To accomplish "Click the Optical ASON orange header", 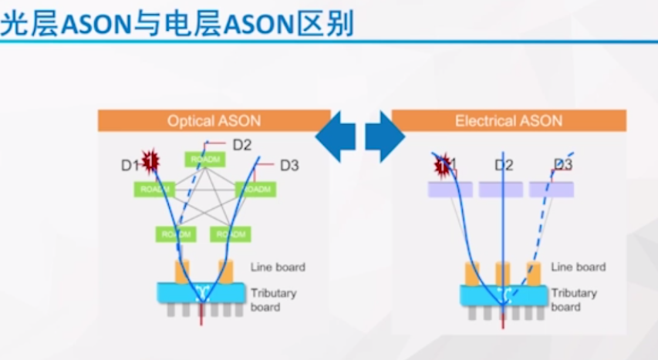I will point(214,121).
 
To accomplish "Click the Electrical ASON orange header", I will point(508,121).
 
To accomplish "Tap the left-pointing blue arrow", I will point(336,136).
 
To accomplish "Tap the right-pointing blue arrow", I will point(384,136).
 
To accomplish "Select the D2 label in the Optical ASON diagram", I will point(242,144).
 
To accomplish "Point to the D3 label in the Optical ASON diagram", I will point(289,165).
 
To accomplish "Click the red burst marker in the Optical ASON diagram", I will point(150,160).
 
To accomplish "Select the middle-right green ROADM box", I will point(255,189).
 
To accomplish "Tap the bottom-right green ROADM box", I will point(230,234).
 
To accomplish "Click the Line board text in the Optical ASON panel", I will point(278,267).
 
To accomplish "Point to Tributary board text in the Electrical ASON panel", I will point(574,300).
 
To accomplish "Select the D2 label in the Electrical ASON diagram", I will point(504,165).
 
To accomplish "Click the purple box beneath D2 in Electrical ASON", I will point(501,190).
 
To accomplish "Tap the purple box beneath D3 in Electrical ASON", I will point(551,190).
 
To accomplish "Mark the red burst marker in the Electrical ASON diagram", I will point(442,163).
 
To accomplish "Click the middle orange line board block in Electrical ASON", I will point(503,273).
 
